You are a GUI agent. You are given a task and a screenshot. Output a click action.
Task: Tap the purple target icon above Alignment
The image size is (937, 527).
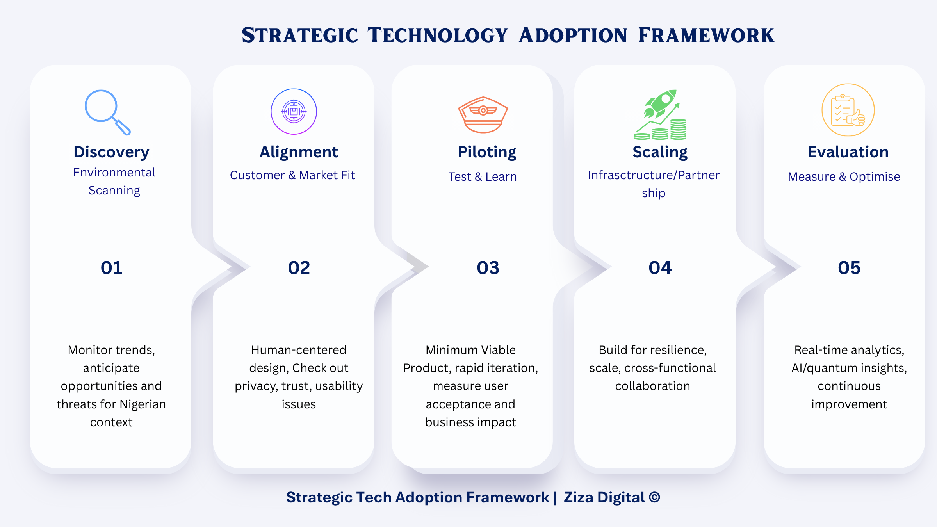294,112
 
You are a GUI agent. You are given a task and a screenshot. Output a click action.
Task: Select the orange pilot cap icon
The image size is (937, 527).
483,115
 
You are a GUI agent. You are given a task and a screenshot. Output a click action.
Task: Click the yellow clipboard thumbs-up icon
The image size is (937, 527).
848,110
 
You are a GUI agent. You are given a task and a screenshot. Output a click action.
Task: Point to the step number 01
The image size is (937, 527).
112,268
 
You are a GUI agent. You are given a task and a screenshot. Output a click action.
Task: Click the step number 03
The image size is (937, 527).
488,268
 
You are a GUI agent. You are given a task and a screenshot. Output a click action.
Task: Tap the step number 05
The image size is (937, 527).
849,268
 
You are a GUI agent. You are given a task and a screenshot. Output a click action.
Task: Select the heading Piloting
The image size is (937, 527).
487,152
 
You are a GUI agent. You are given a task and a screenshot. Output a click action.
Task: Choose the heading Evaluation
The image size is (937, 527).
848,152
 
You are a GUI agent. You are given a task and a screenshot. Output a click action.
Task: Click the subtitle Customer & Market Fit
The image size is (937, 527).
292,175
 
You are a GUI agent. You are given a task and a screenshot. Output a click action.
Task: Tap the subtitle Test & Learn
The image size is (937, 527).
483,177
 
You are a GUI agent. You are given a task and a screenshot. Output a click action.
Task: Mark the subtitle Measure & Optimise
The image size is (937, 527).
844,177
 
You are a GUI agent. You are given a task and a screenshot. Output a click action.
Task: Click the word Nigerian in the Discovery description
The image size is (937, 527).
143,404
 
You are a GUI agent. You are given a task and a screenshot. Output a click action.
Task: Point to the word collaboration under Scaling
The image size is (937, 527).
652,386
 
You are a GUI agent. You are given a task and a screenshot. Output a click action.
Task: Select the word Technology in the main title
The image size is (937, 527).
438,36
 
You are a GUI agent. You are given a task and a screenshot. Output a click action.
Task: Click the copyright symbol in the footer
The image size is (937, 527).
654,497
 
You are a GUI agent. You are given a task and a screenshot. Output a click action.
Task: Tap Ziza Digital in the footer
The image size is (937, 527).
604,497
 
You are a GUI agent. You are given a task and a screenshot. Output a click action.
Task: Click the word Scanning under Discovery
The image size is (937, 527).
114,191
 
